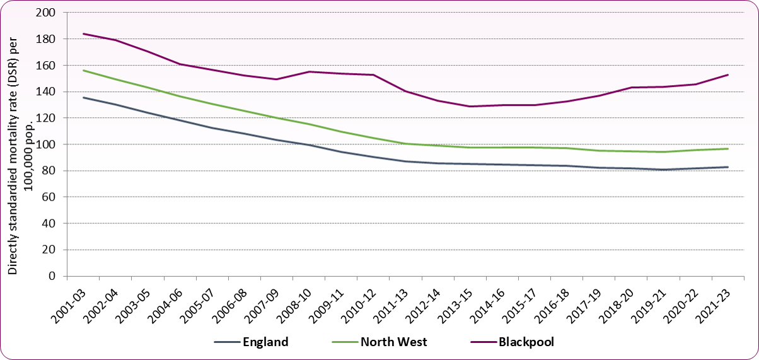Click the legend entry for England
(x=251, y=342)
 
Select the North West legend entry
(x=379, y=342)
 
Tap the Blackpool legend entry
(x=511, y=342)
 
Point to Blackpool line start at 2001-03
(x=83, y=33)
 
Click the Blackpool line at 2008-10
(x=308, y=71)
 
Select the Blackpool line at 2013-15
(x=469, y=106)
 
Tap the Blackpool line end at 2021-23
(x=728, y=74)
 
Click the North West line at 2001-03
(x=83, y=70)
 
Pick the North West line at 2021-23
(x=728, y=149)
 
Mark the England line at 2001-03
(x=83, y=97)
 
